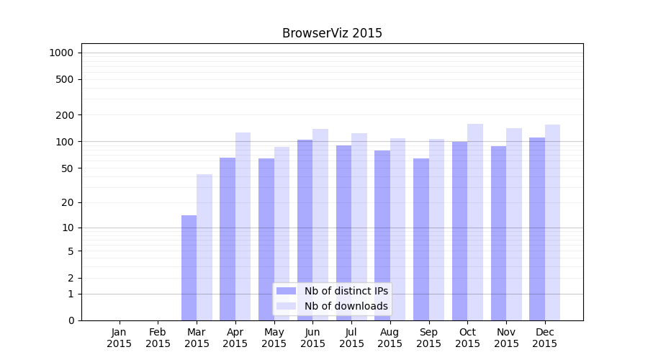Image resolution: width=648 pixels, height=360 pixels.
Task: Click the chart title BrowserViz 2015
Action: click(332, 33)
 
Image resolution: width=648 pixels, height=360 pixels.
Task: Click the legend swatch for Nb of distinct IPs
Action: click(286, 291)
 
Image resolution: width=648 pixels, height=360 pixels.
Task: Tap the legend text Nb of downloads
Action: click(346, 306)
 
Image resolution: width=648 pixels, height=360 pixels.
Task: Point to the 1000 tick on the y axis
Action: click(61, 53)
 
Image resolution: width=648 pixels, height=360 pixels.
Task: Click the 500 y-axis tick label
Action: click(65, 79)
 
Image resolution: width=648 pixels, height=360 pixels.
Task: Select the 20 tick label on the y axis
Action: click(68, 202)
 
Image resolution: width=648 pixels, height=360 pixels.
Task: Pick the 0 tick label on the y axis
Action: click(71, 320)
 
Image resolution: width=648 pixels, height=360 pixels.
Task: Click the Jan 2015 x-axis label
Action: click(120, 338)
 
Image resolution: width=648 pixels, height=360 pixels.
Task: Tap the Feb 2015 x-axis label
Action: click(158, 338)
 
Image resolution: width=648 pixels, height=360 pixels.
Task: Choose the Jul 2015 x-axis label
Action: click(351, 338)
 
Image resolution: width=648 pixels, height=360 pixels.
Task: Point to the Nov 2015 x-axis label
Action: click(506, 338)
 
